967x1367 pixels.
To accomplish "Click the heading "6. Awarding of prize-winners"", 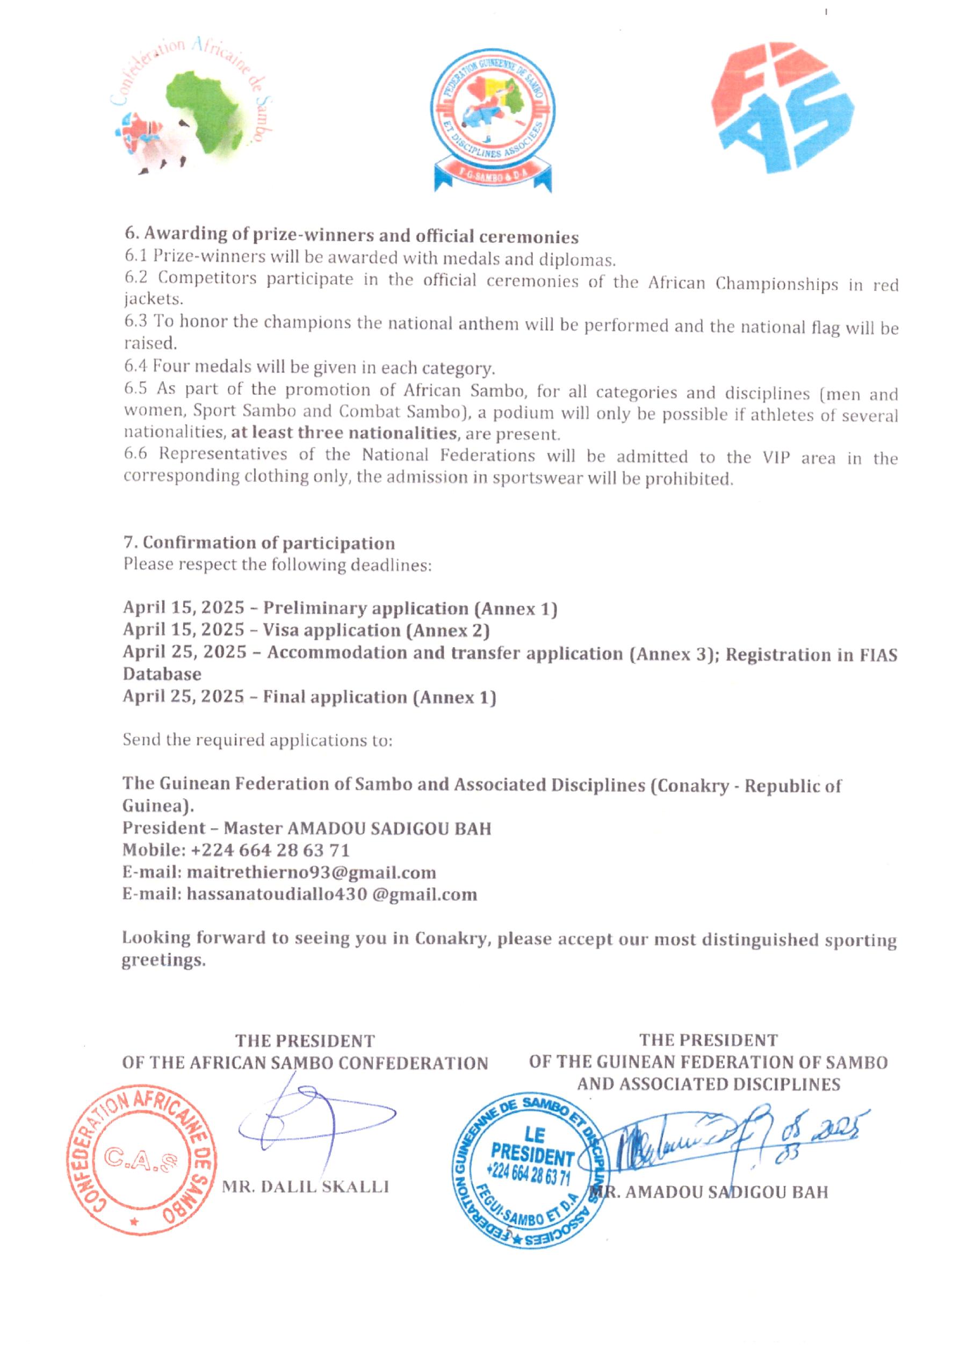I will [x=351, y=236].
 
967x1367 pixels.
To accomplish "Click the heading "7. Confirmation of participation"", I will [x=259, y=543].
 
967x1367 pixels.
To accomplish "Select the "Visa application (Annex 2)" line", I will [x=376, y=630].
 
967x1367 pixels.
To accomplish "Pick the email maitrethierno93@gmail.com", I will [x=311, y=872].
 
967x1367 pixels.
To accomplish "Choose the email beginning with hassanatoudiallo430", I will [x=331, y=894].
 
